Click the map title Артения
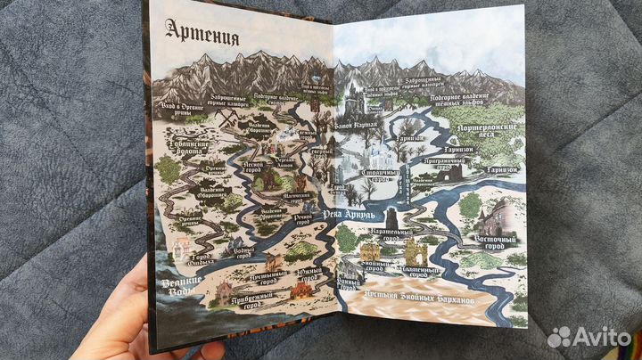(x=202, y=37)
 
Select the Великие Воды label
(x=173, y=286)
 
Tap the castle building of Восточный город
(x=495, y=217)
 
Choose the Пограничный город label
(x=444, y=162)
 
